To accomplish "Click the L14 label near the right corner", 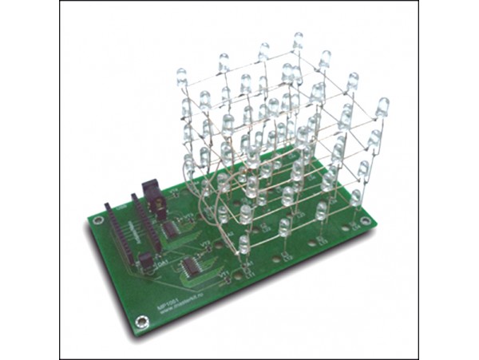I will point(352,226).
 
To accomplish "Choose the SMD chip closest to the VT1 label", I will point(193,266).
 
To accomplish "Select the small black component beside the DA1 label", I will point(147,260).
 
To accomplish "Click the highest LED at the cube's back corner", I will point(298,42).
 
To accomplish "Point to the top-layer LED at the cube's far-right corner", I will point(382,107).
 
